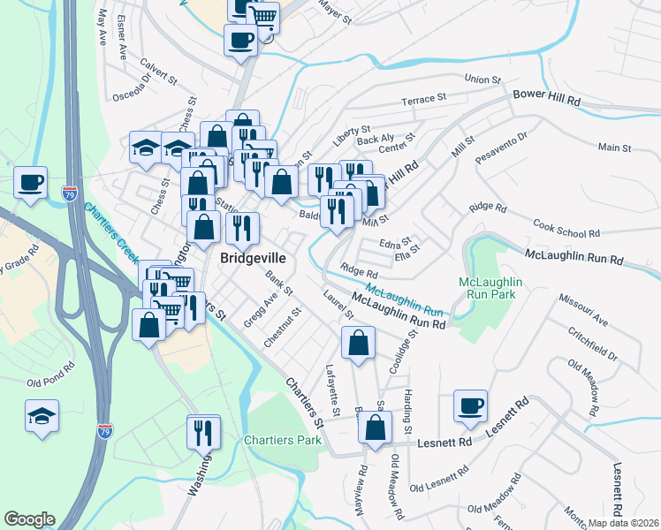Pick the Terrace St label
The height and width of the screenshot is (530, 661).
[423, 101]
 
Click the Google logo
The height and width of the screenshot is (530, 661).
[29, 519]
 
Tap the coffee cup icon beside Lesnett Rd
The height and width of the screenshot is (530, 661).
[470, 406]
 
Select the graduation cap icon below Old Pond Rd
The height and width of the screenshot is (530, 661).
[42, 414]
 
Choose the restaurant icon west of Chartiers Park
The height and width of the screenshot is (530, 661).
[203, 432]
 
